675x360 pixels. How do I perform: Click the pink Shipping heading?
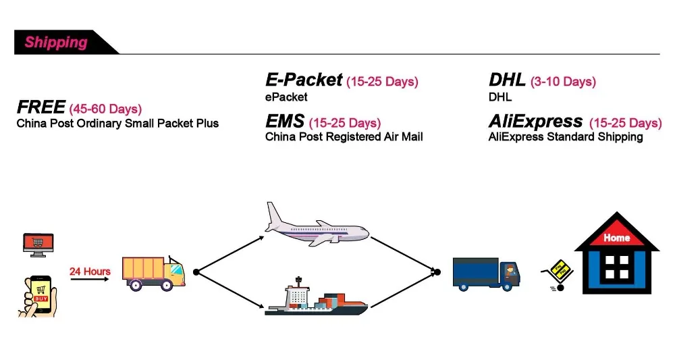pos(56,42)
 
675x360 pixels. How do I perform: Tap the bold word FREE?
pos(41,107)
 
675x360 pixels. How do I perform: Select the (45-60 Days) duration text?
pos(105,109)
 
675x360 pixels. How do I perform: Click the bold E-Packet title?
pos(304,80)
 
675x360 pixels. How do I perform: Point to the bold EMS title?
pos(285,121)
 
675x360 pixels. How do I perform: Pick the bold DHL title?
pos(507,80)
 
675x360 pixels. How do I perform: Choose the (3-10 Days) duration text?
pos(563,81)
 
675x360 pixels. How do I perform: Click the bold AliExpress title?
pos(535,122)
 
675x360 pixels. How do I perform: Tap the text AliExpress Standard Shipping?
pos(566,137)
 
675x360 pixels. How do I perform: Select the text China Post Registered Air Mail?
pos(344,137)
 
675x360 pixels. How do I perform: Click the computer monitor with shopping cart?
pos(38,245)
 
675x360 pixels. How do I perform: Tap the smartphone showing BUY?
pos(38,297)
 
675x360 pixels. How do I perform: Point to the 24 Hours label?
pos(90,272)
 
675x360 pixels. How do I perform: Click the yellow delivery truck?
pos(154,273)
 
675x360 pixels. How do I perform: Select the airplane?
pos(317,225)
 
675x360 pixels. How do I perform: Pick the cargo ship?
pos(316,297)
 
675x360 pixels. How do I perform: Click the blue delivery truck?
pos(487,274)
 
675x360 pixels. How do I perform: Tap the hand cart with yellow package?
pos(557,275)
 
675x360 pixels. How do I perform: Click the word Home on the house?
pos(616,238)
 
